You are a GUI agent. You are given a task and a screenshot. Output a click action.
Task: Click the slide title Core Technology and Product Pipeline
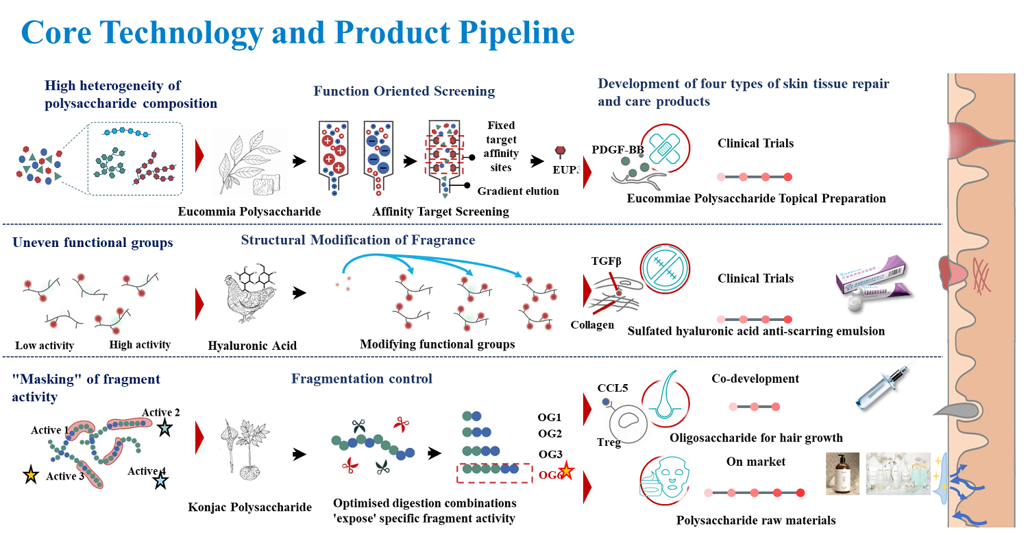coord(297,33)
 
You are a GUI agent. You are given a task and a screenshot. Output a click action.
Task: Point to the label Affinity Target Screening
coord(441,212)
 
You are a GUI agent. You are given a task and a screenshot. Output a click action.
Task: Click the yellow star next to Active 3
coord(31,475)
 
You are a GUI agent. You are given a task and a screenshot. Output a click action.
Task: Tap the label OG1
coord(550,417)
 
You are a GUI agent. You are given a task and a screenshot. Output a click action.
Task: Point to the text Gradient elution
coord(518,191)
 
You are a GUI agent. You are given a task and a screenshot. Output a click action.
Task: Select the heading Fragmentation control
coord(362,379)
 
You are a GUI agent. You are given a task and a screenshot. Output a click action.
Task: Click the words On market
coord(756,462)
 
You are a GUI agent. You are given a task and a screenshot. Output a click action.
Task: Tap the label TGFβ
coord(607,261)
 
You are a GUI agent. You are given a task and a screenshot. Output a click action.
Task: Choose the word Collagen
coord(592,324)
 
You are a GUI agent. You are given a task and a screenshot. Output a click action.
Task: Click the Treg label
coord(609,442)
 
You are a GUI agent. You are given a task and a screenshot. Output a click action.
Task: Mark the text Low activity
coord(44,346)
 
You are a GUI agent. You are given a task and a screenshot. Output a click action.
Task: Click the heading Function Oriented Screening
coord(404,91)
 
